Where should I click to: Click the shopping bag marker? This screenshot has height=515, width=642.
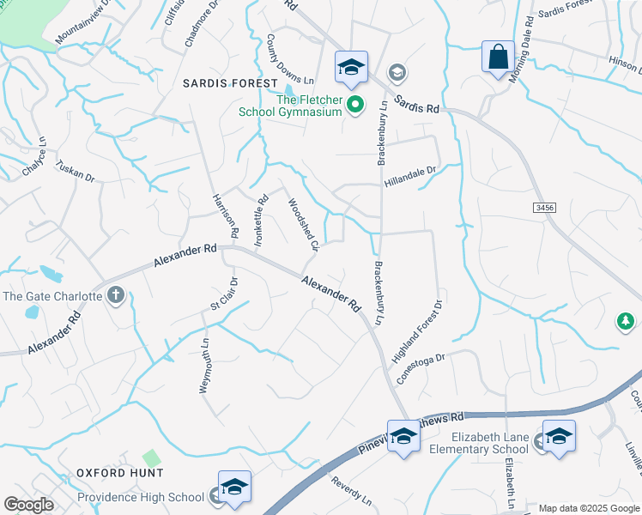coord(498,58)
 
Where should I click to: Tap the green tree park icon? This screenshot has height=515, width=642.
coord(626,321)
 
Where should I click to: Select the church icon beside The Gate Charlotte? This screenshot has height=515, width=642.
coord(116,296)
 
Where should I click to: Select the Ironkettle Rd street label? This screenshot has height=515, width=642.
coord(259,221)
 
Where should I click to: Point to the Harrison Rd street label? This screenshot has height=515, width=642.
coord(224,215)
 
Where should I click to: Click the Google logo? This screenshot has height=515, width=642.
coord(28,504)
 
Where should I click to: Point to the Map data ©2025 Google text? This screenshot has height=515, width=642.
coord(589,508)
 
